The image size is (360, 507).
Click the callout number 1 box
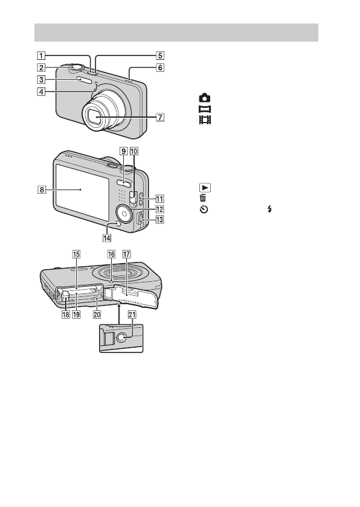click(40, 56)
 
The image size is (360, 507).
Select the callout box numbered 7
click(160, 116)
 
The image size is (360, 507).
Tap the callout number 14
click(107, 238)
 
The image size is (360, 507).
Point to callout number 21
click(132, 314)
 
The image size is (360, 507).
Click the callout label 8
click(42, 190)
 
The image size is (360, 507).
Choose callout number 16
click(111, 254)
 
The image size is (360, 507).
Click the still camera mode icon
click(205, 98)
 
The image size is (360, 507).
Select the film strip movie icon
click(205, 120)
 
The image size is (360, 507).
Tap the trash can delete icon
click(203, 198)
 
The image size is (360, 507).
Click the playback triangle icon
click(205, 188)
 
